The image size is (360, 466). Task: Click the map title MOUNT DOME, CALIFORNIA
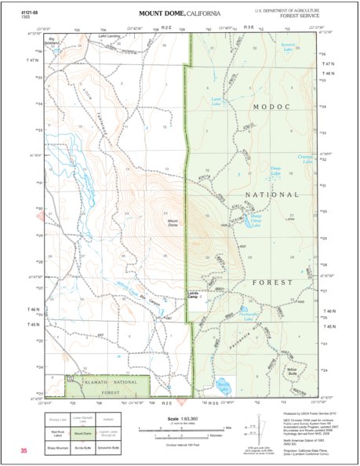[x=180, y=14]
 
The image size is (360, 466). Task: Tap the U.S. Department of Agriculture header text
[x=288, y=10]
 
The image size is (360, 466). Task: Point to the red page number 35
[x=24, y=451]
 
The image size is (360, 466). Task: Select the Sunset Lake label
[x=288, y=47]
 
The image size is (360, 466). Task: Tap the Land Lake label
[x=217, y=100]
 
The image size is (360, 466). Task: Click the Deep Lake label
[x=275, y=169]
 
